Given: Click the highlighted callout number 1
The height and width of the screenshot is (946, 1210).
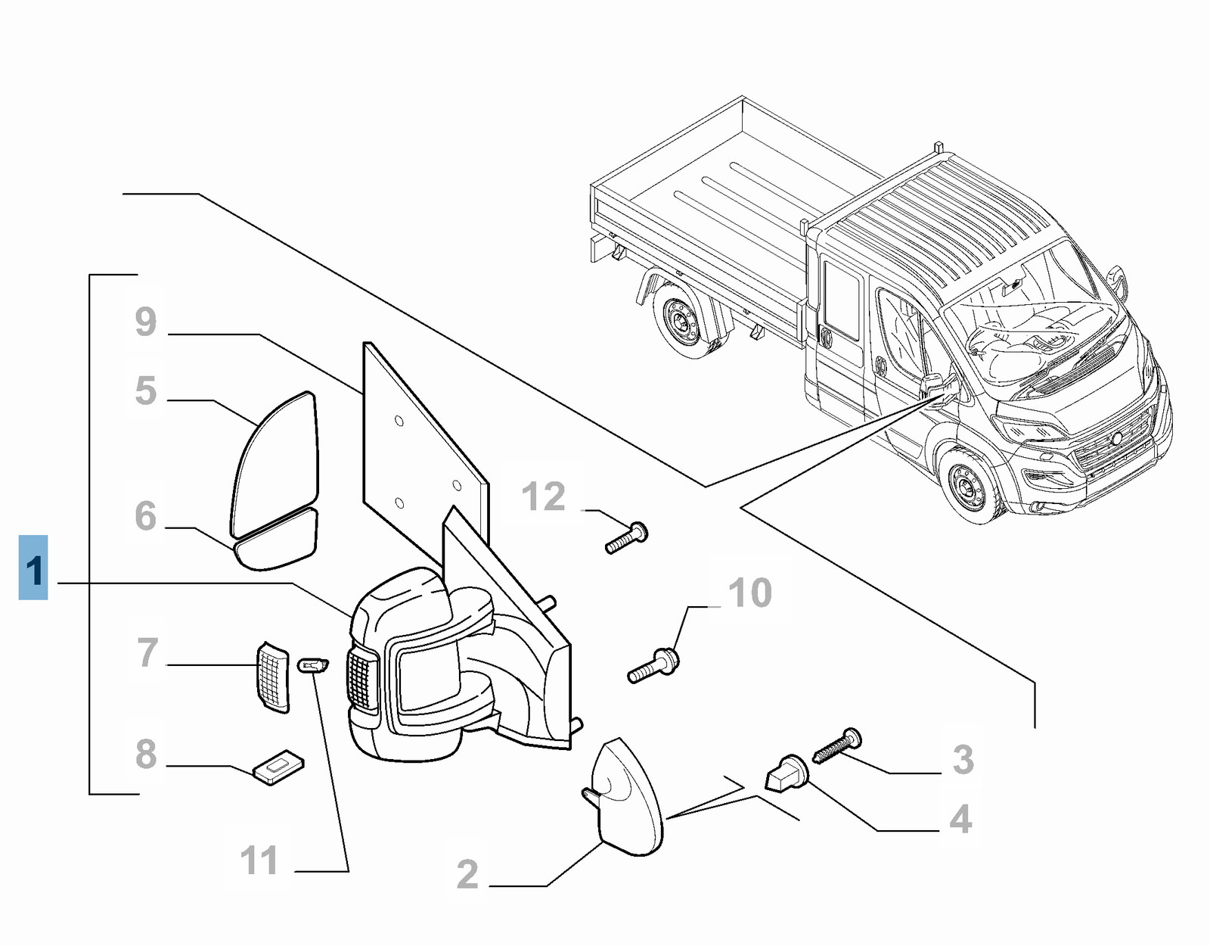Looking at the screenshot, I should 33,568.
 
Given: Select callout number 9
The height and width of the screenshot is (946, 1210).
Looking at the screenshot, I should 146,322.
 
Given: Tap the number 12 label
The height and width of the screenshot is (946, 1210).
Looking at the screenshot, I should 544,497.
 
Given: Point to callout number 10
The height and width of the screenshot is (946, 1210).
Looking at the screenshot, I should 749,593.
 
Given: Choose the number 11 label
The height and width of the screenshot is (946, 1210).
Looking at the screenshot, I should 259,860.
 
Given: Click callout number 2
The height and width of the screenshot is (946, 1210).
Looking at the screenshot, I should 467,874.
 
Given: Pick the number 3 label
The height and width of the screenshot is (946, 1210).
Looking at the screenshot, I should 963,759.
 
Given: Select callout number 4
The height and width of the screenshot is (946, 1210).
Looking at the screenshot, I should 960,819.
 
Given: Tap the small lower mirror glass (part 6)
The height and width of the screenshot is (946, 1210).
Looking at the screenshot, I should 277,540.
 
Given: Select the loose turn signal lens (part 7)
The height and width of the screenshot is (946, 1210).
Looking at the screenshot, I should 272,677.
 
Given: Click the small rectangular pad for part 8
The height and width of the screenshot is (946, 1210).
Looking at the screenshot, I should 278,767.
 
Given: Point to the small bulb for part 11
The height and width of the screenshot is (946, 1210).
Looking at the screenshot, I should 313,666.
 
